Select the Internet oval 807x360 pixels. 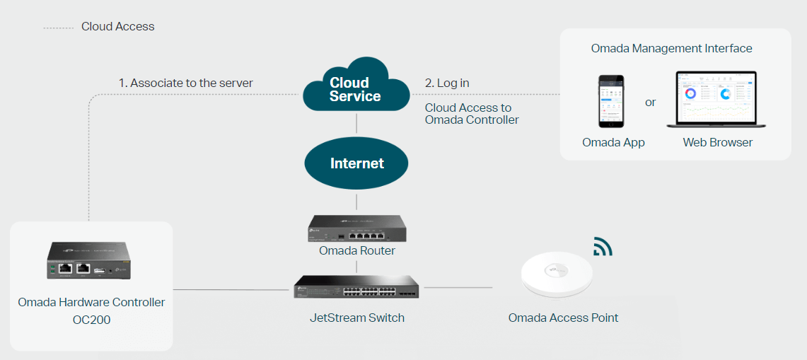pos(356,163)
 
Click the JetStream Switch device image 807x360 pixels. pos(356,285)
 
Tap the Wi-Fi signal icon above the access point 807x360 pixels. pos(603,246)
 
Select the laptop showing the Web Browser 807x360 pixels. pos(716,100)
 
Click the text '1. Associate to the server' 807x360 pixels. pos(185,83)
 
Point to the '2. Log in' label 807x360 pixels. pos(447,83)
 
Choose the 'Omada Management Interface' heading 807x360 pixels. pos(671,49)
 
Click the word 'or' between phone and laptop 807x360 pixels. pos(651,103)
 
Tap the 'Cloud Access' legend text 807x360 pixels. pos(117,27)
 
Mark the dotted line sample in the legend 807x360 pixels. pos(58,28)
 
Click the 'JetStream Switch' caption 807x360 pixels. pos(357,318)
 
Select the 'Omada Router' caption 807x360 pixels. pos(357,251)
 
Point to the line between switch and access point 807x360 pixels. pos(457,288)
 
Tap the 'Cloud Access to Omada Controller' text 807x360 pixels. pos(472,115)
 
